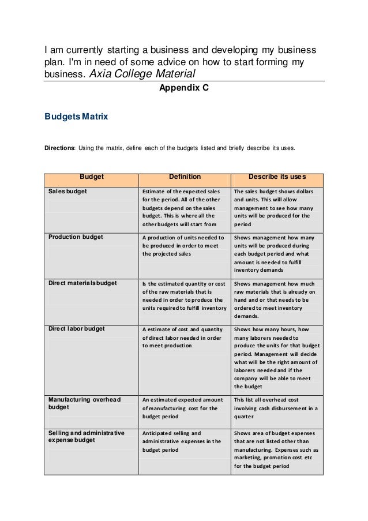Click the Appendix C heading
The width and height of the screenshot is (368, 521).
(x=184, y=88)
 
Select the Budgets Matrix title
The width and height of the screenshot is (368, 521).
(x=76, y=117)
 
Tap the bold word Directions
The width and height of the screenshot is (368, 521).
(x=60, y=148)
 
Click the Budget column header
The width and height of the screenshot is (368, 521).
(x=91, y=177)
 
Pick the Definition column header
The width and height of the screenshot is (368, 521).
(x=185, y=177)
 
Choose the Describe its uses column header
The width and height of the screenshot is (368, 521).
(x=277, y=177)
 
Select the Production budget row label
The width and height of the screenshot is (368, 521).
(x=76, y=237)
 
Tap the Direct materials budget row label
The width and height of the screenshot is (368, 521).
(x=82, y=283)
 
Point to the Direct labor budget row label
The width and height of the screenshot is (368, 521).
(x=77, y=329)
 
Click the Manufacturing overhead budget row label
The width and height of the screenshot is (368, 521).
(x=84, y=403)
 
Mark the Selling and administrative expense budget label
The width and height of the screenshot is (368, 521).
(x=87, y=437)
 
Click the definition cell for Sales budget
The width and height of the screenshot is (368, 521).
(x=183, y=208)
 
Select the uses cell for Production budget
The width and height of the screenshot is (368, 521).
(x=275, y=253)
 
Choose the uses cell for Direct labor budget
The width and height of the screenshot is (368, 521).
(x=276, y=358)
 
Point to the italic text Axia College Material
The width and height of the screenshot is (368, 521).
(x=143, y=74)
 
